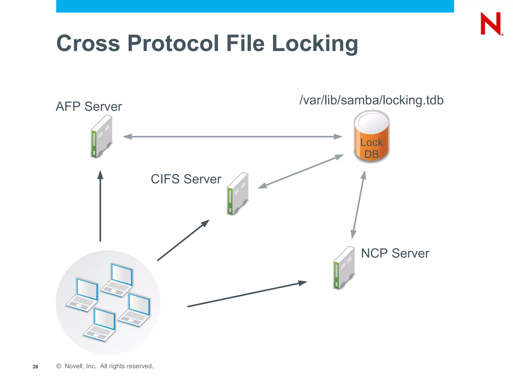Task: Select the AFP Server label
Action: click(x=89, y=107)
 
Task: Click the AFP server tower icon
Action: click(x=101, y=137)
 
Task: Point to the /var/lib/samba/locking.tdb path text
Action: click(x=371, y=100)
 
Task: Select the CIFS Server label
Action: click(x=186, y=179)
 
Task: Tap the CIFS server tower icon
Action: click(x=237, y=194)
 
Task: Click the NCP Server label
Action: click(x=395, y=253)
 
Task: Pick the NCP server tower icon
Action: click(x=344, y=268)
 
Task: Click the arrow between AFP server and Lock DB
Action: click(x=232, y=137)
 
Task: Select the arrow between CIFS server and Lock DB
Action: click(x=301, y=171)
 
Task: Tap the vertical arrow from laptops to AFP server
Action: click(x=100, y=206)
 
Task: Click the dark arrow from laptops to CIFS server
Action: click(x=183, y=240)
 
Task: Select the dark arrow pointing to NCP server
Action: click(x=247, y=295)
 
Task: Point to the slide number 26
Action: click(x=35, y=367)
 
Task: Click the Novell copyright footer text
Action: click(x=105, y=366)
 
